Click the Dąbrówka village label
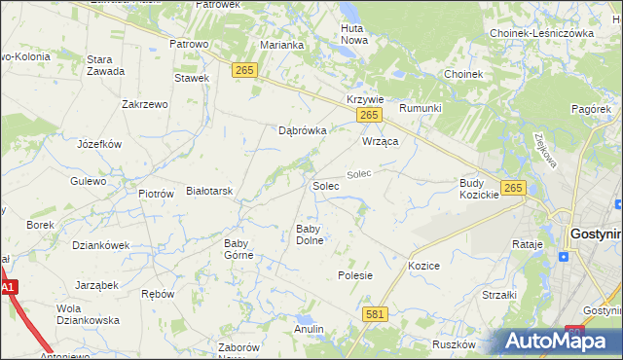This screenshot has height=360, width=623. (302, 129)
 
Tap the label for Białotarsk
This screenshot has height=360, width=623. (209, 192)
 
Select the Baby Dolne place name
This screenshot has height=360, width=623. (310, 234)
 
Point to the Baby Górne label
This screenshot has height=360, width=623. (238, 249)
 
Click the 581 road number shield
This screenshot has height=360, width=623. (375, 314)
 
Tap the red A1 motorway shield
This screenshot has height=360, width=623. (8, 288)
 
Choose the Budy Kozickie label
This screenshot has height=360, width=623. (479, 189)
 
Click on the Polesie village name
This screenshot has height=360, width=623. (355, 275)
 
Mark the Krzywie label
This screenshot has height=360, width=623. (366, 100)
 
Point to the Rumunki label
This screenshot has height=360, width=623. (421, 108)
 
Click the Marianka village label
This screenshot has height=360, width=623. (282, 45)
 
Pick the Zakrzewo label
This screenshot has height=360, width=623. (146, 104)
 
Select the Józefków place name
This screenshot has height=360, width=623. (98, 144)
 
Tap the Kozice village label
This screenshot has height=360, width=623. (424, 266)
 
